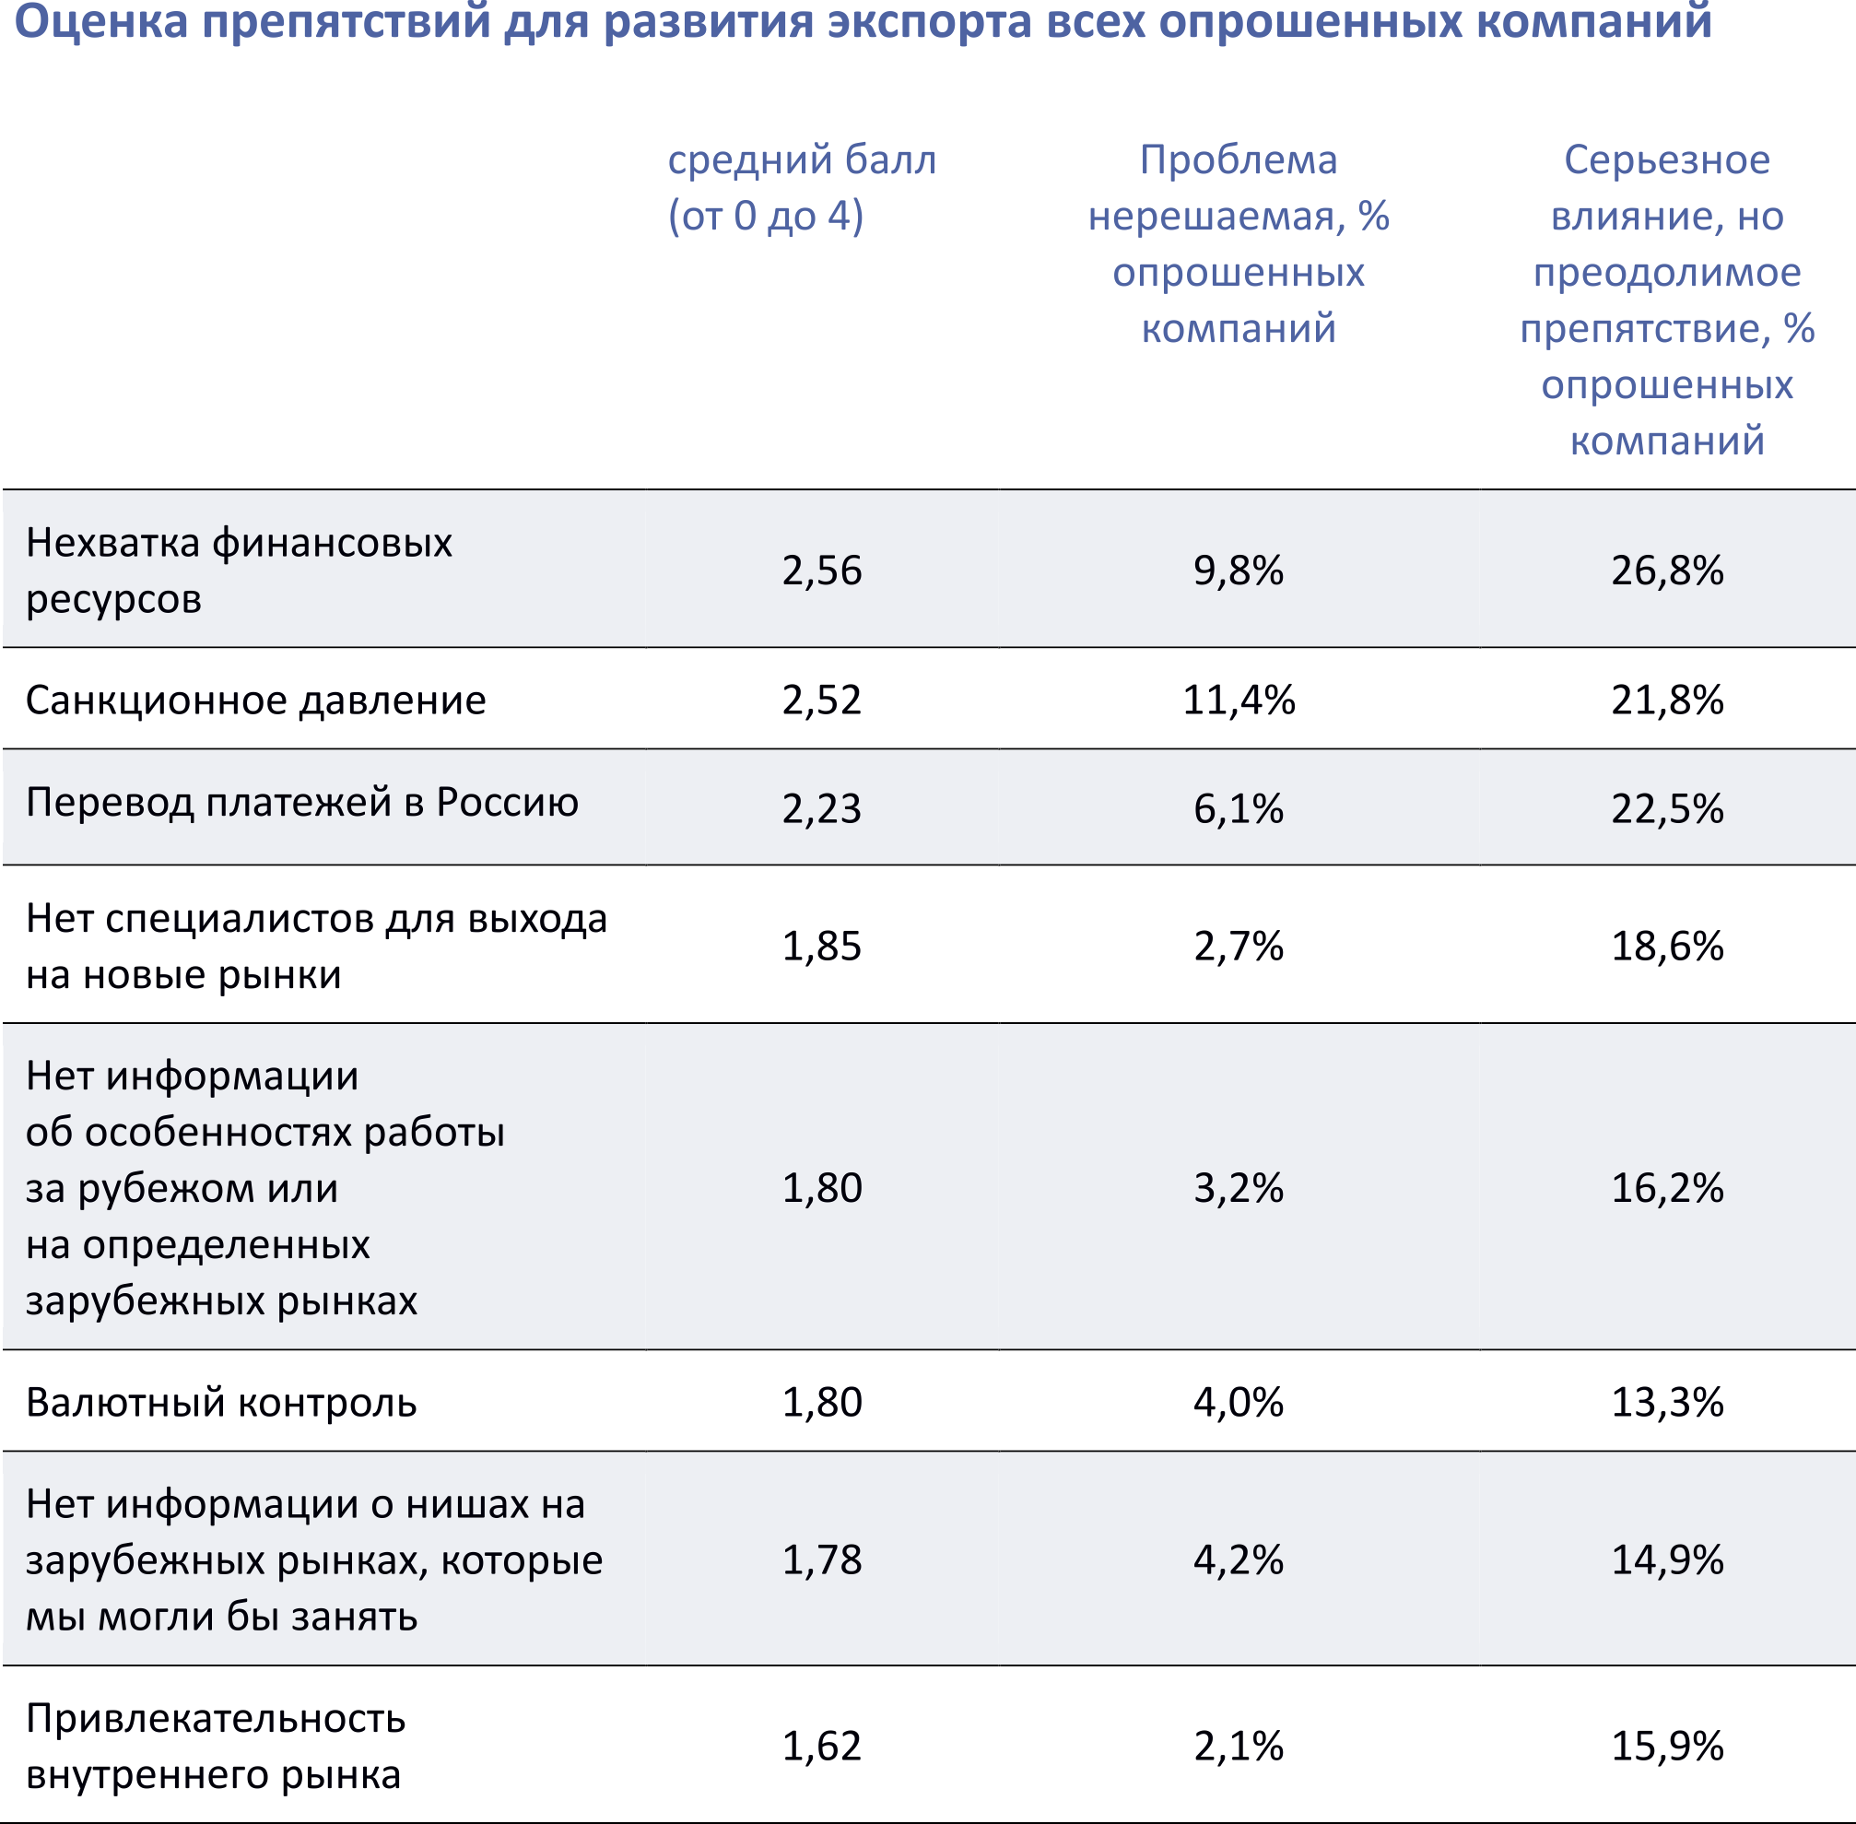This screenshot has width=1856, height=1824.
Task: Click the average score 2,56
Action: tap(822, 570)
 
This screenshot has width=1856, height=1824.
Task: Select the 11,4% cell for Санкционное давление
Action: tap(1239, 700)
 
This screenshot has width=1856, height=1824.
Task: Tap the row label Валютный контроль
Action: tap(221, 1403)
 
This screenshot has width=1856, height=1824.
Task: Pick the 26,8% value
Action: tap(1667, 570)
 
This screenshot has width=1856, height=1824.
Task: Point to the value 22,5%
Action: tap(1667, 808)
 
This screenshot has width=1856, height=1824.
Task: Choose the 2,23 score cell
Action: tap(822, 808)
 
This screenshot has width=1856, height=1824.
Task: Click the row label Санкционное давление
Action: tap(255, 700)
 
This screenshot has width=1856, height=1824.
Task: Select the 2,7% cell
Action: tap(1239, 946)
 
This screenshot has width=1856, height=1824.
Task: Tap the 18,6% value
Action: tap(1667, 946)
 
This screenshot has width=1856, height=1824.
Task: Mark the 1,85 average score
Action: tap(822, 946)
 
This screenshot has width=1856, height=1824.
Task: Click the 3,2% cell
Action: tap(1239, 1188)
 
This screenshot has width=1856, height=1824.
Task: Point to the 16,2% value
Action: tap(1667, 1188)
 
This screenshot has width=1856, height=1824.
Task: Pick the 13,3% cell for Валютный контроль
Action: tap(1667, 1403)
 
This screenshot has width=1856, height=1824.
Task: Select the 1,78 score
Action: tap(822, 1559)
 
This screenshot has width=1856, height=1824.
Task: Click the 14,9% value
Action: tap(1667, 1559)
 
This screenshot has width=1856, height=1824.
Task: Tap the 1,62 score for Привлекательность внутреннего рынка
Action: tap(822, 1746)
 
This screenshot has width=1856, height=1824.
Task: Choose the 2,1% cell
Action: tap(1239, 1746)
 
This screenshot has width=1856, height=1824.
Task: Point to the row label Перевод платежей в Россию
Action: tap(301, 802)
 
